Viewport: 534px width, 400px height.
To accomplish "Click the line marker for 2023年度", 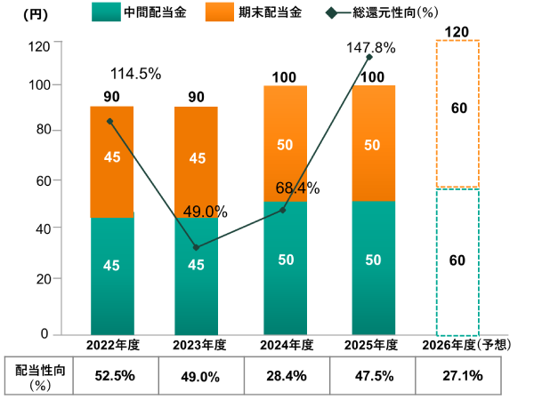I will pyautogui.click(x=196, y=247).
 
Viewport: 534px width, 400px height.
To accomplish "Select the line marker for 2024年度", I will pyautogui.click(x=283, y=210).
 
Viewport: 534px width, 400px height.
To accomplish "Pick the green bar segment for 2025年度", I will pyautogui.click(x=373, y=268).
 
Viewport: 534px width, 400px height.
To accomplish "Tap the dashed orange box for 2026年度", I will pyautogui.click(x=457, y=114).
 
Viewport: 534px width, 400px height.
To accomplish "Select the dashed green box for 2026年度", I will pyautogui.click(x=457, y=261).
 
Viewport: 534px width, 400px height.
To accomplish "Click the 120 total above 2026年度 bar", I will pyautogui.click(x=457, y=32).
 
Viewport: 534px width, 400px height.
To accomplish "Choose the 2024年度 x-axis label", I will pyautogui.click(x=286, y=345).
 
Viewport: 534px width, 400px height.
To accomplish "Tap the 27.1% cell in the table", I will pyautogui.click(x=463, y=376).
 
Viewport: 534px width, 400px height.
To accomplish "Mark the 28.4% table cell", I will pyautogui.click(x=287, y=376).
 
